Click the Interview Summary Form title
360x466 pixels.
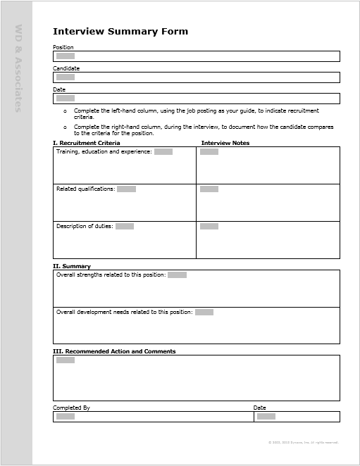pos(120,32)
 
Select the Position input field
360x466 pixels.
pos(196,56)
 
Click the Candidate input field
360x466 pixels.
pos(196,77)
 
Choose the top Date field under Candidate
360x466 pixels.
pos(196,99)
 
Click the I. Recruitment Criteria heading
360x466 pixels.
pos(86,143)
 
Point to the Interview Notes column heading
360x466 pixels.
pos(225,143)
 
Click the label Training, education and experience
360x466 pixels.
pos(104,151)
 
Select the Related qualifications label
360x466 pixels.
pos(85,189)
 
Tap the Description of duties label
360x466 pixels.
pos(85,226)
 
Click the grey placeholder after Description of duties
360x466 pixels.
pos(125,226)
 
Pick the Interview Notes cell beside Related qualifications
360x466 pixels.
pos(268,203)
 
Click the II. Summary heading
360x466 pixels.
pos(72,266)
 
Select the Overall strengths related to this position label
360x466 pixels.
pos(111,275)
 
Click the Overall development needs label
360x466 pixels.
pos(124,312)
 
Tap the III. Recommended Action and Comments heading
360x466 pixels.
pos(114,351)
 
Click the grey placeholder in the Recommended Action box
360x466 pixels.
pos(66,360)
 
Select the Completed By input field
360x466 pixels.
pos(153,417)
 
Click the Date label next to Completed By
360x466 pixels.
pos(260,408)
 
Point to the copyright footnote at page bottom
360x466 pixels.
pos(303,443)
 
